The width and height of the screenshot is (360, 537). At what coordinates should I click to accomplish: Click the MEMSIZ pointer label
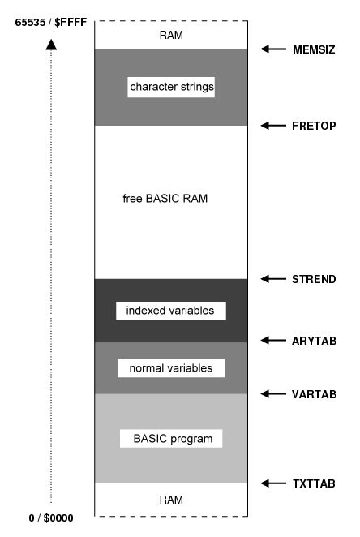coord(314,49)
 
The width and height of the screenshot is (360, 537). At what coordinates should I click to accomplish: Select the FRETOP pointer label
coord(314,126)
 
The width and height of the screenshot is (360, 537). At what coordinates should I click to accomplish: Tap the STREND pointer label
coord(314,279)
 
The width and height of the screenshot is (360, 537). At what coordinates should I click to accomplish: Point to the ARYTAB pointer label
coord(314,341)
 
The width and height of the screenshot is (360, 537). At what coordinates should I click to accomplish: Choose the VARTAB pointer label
coord(314,394)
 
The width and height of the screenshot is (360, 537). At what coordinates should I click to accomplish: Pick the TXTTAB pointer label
coord(314,483)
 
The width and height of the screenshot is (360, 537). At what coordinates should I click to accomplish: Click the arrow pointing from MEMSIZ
coord(273,49)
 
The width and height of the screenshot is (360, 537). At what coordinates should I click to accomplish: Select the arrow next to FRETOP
coord(273,126)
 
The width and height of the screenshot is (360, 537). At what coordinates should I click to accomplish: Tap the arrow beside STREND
coord(273,279)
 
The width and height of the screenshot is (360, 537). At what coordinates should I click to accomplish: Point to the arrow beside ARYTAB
coord(273,340)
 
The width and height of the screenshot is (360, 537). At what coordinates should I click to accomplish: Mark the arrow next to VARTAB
coord(273,394)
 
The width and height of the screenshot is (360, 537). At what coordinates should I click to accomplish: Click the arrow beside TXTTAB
coord(273,483)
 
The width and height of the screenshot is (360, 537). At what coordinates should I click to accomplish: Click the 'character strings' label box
coord(171,87)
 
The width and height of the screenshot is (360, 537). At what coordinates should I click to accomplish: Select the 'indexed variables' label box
coord(171,311)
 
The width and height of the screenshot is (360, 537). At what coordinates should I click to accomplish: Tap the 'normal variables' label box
coord(171,368)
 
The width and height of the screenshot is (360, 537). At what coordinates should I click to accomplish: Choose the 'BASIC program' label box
coord(171,438)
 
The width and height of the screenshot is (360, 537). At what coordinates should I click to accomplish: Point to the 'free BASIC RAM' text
coord(165,199)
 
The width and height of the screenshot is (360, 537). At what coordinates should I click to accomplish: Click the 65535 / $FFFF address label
coord(51,23)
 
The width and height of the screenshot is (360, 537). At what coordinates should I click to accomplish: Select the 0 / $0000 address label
coord(51,518)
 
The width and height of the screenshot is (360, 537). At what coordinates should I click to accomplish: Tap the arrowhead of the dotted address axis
coord(51,45)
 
